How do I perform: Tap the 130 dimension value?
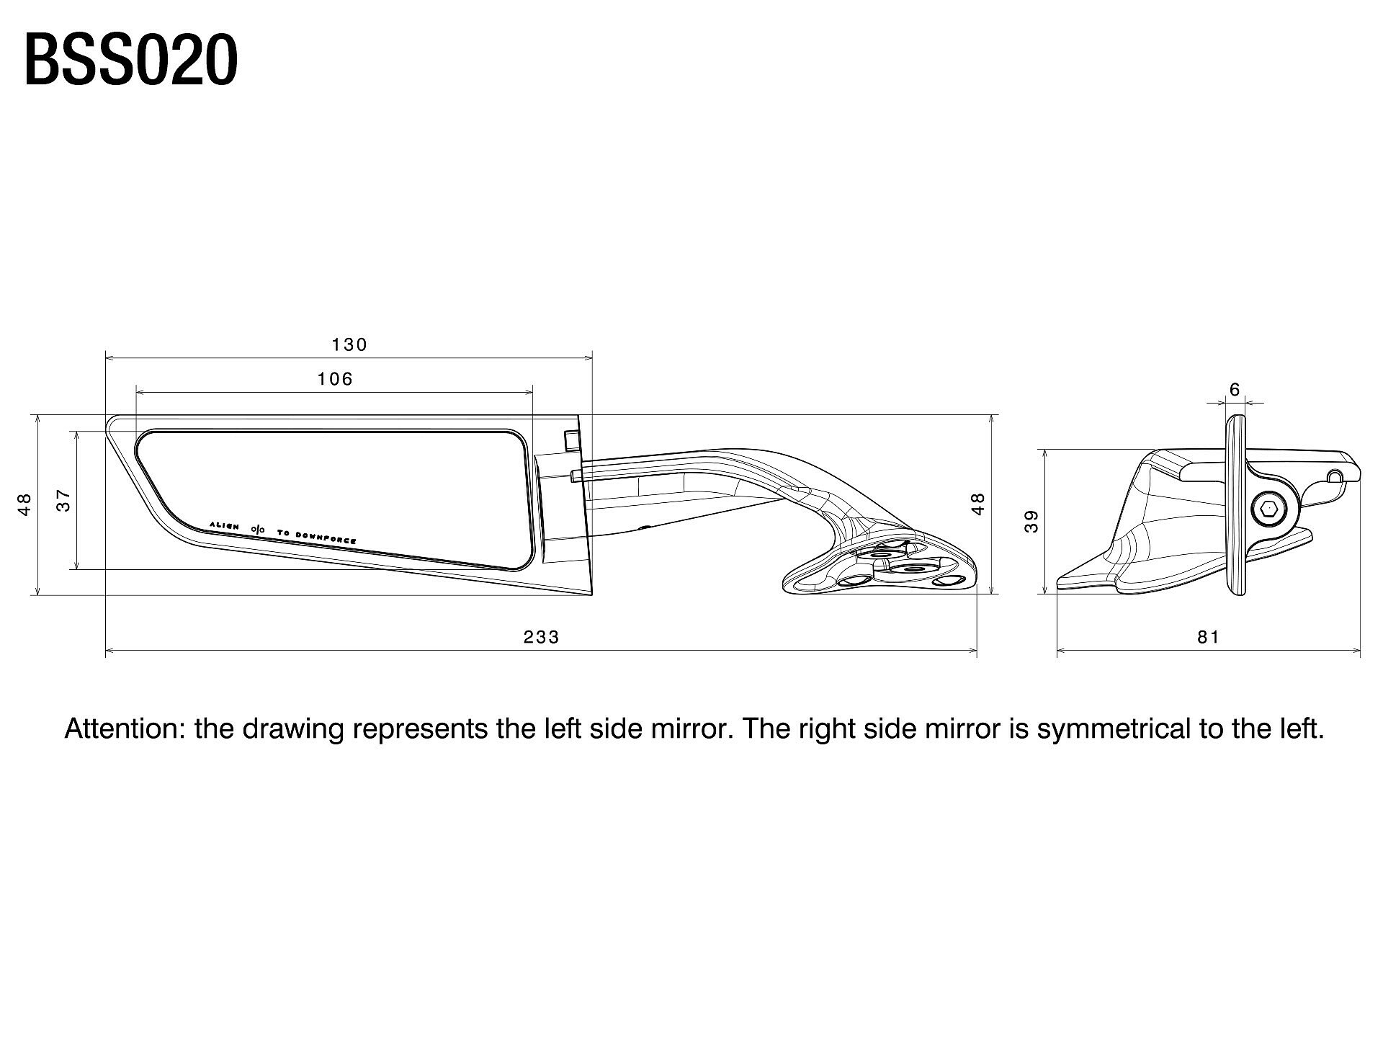[350, 344]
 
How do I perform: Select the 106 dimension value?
[336, 379]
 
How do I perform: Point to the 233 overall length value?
[542, 637]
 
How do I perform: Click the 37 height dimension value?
[64, 500]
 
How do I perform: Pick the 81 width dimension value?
[1209, 637]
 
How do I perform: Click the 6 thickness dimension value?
[1235, 390]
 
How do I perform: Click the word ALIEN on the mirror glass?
[224, 525]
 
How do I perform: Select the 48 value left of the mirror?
[24, 504]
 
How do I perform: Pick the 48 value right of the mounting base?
[977, 504]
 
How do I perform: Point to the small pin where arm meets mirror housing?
[576, 475]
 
